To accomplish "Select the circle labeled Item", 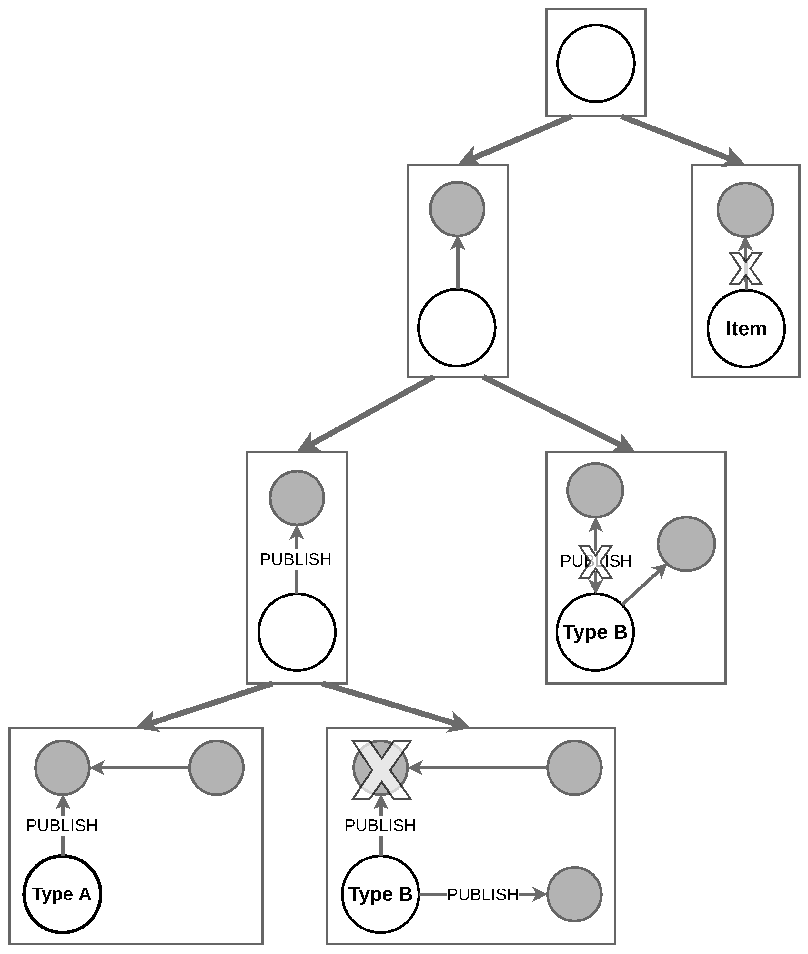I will [746, 328].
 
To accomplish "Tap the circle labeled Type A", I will [62, 894].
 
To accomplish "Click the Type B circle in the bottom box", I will [380, 894].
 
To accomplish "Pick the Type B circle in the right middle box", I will [595, 632].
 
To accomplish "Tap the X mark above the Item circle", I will [746, 268].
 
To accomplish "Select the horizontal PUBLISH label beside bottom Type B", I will [482, 894].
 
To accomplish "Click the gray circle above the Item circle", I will [745, 210].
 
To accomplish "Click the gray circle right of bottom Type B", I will [574, 894].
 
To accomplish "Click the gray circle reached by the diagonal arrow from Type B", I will [686, 544].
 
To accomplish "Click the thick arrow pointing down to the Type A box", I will [206, 705].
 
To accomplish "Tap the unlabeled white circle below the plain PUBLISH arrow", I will [297, 632].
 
